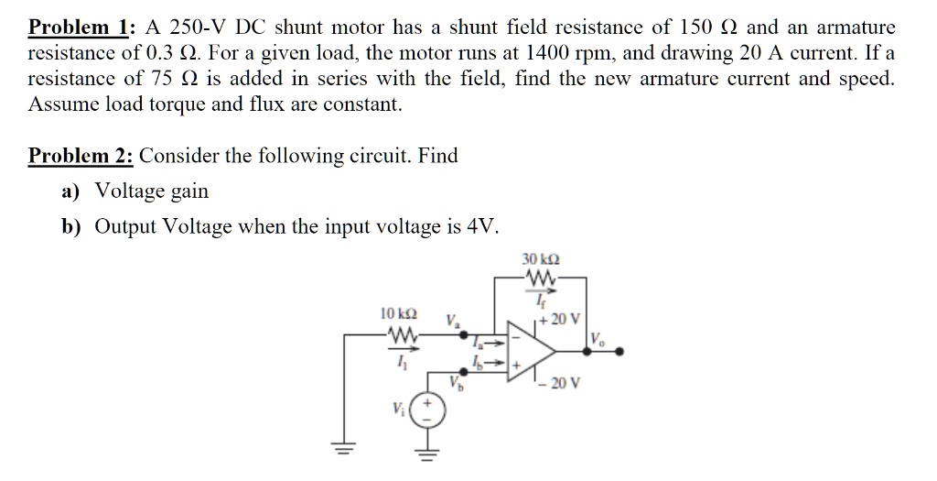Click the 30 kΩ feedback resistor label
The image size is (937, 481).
pyautogui.click(x=540, y=259)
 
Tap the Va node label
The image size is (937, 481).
pyautogui.click(x=453, y=321)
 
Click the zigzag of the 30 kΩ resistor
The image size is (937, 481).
pyautogui.click(x=539, y=276)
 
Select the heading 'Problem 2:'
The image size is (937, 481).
pyautogui.click(x=81, y=155)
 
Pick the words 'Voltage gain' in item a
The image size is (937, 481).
pyautogui.click(x=152, y=191)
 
